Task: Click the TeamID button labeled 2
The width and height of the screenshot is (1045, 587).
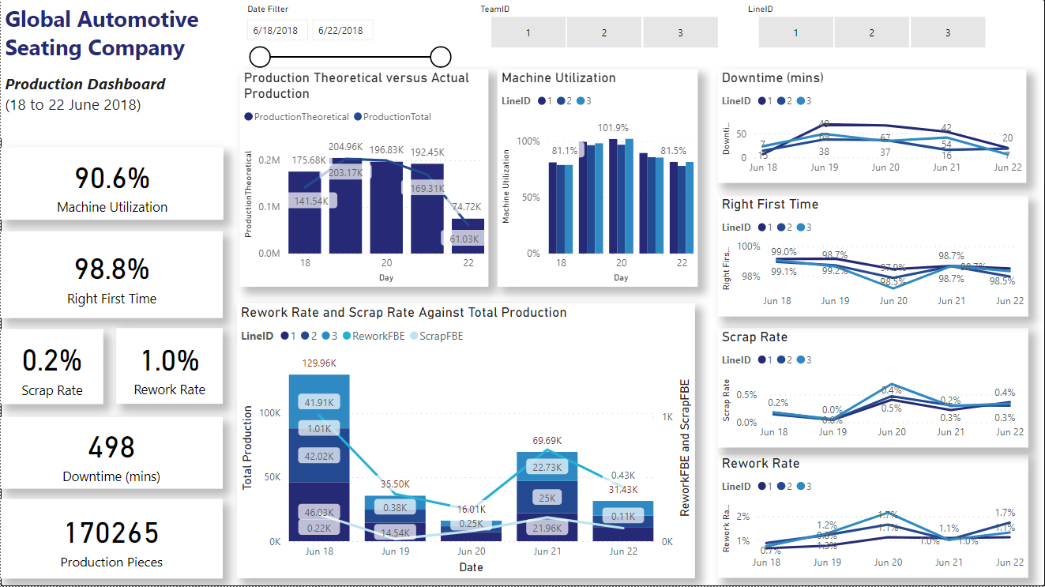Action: [604, 32]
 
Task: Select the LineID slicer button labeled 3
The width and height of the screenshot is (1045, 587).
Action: [947, 32]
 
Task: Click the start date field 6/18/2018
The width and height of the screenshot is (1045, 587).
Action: [276, 30]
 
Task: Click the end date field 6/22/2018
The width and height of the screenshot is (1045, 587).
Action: [340, 30]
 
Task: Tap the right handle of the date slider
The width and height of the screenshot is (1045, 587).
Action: [441, 57]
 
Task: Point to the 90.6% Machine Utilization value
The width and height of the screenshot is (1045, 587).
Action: [112, 179]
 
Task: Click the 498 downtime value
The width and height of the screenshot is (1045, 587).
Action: [112, 447]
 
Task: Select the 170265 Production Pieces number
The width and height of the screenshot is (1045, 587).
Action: [112, 533]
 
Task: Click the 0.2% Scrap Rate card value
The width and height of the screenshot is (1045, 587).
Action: [52, 361]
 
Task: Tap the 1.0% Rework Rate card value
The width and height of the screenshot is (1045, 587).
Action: [170, 361]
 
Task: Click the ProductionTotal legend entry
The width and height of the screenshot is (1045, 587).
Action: [397, 117]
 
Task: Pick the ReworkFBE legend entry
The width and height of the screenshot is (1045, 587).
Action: [378, 336]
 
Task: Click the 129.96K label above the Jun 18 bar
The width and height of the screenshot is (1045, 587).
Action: [319, 363]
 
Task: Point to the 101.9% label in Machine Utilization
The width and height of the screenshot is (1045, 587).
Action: [613, 128]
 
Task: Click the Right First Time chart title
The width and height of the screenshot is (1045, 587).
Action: [769, 205]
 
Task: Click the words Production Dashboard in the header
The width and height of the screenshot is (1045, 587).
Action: [85, 84]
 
